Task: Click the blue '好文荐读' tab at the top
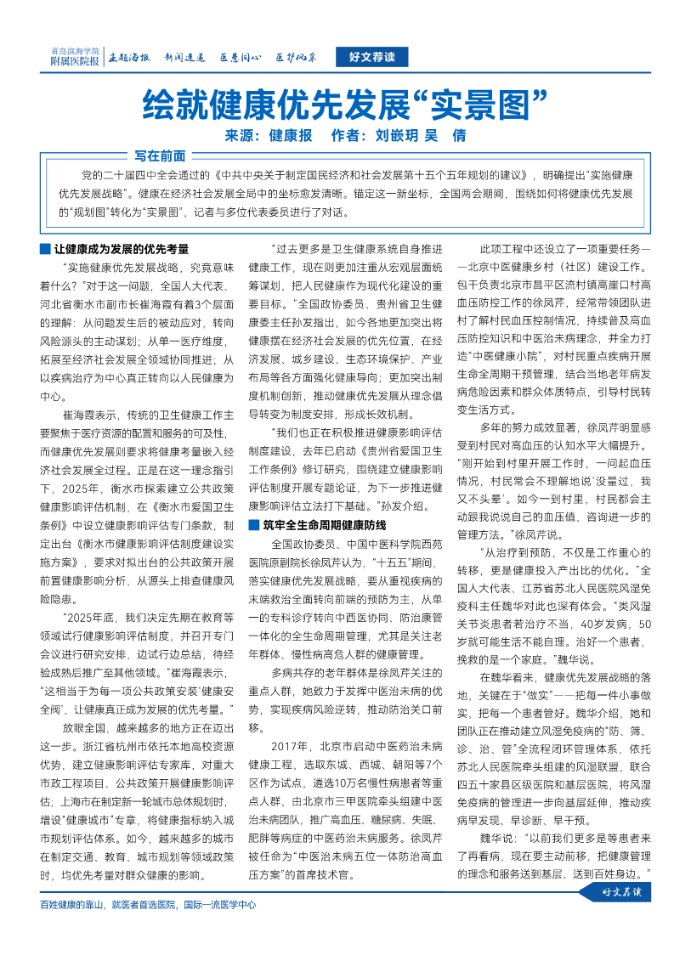click(371, 58)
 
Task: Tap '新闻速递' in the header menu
click(184, 59)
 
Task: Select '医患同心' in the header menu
click(240, 59)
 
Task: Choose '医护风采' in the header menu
click(296, 59)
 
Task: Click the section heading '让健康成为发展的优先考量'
click(121, 250)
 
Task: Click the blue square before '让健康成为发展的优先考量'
click(45, 250)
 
